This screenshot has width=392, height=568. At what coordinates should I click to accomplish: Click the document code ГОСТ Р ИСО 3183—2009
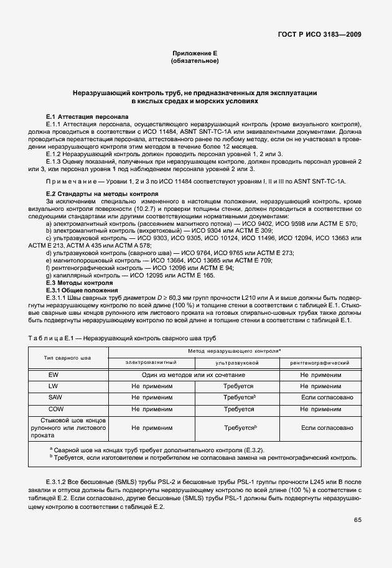click(x=320, y=35)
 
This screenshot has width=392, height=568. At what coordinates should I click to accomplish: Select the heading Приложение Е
click(x=195, y=54)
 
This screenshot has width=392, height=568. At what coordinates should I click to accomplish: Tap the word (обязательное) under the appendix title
click(x=195, y=62)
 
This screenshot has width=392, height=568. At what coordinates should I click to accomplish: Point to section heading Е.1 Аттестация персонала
click(x=88, y=116)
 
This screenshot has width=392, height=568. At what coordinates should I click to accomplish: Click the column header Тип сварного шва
click(x=68, y=358)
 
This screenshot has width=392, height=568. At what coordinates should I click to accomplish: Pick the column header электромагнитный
click(x=151, y=362)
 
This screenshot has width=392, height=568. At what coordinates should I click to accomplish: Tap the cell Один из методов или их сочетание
click(x=194, y=375)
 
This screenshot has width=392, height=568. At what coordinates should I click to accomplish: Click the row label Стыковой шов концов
click(x=68, y=421)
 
